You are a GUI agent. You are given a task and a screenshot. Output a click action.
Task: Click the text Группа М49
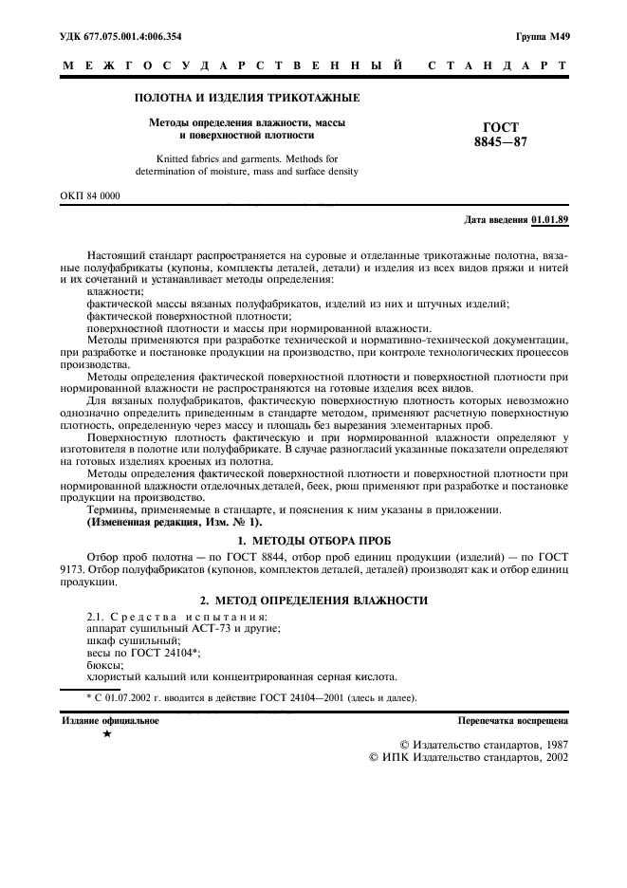(543, 37)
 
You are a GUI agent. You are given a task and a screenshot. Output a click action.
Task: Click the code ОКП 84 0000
(90, 195)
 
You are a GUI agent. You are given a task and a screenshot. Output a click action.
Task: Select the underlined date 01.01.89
(550, 220)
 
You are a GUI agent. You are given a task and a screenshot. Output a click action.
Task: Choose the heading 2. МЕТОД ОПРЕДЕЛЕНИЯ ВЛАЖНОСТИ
(313, 601)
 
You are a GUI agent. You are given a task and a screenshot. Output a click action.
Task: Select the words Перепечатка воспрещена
(513, 721)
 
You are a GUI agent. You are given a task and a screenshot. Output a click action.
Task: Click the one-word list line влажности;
(113, 292)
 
